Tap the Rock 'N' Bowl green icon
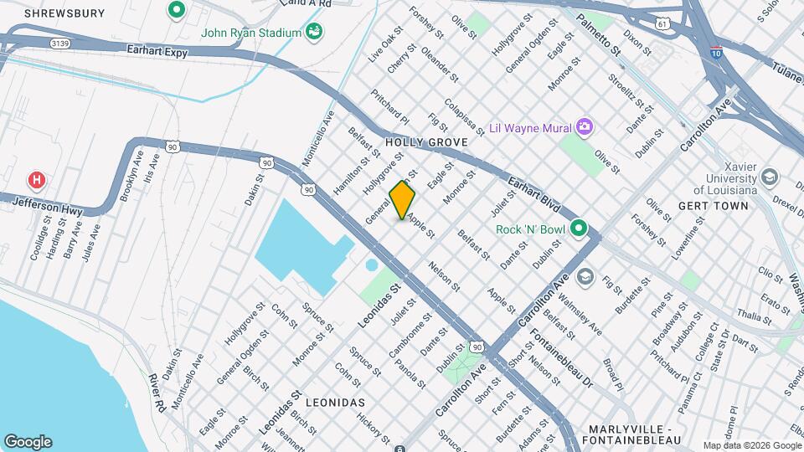[x=578, y=229]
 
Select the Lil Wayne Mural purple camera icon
[x=585, y=127]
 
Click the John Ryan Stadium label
[x=250, y=33]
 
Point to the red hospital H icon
[x=36, y=180]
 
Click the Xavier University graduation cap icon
[x=769, y=177]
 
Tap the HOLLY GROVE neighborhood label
[x=425, y=143]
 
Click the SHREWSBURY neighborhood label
[x=64, y=13]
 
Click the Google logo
[x=28, y=442]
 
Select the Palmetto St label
[x=602, y=38]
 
